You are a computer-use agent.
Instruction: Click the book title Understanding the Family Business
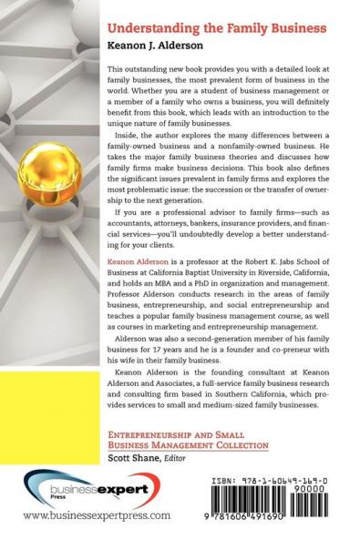tap(216, 28)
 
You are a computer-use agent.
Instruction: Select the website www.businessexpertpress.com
tap(96, 515)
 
